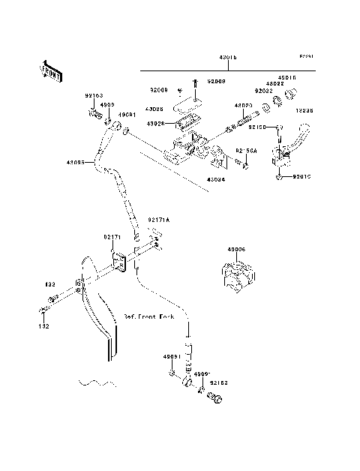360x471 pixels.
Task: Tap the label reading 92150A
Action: pos(247,151)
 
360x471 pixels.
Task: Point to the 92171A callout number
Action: pos(159,220)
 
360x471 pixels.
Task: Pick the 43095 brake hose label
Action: pos(75,161)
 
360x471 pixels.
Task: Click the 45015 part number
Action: pos(288,76)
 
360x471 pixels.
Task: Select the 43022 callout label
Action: pos(275,83)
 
